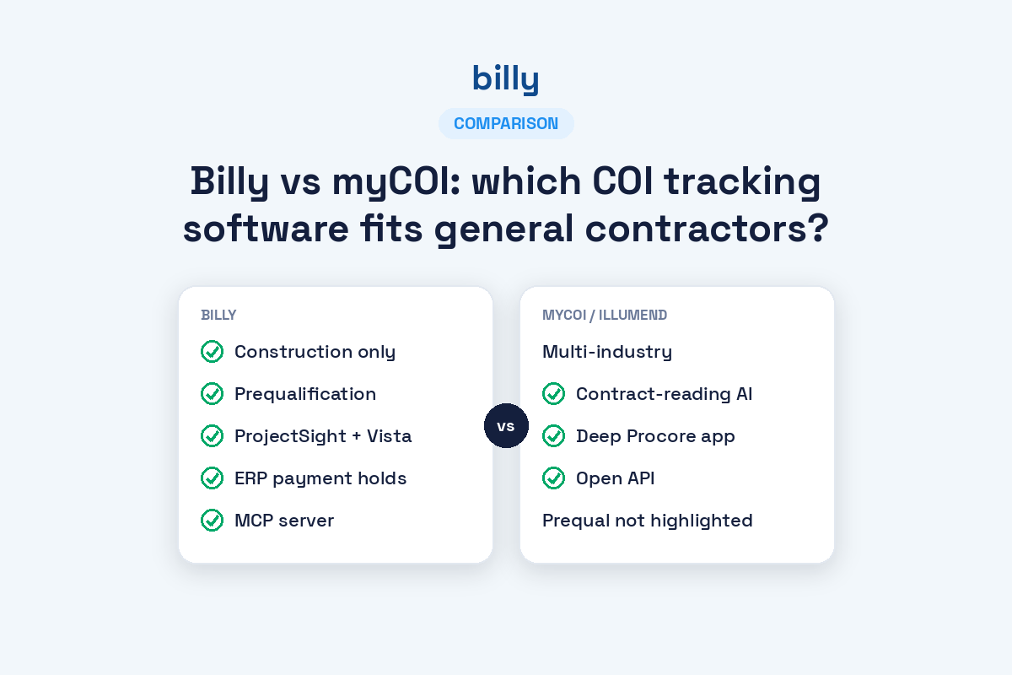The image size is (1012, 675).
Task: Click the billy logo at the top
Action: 505,79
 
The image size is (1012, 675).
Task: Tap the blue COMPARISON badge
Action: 506,123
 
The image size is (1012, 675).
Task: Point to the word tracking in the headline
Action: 742,181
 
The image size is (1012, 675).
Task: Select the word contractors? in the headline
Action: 707,229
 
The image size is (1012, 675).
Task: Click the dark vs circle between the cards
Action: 506,425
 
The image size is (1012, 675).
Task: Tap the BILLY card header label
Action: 218,315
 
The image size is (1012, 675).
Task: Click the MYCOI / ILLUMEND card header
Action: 605,315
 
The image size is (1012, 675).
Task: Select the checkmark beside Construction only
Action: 212,351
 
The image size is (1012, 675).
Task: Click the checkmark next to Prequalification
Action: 212,393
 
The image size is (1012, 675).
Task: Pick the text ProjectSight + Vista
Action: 323,436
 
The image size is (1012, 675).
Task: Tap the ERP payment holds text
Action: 320,478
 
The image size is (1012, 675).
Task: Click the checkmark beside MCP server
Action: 212,520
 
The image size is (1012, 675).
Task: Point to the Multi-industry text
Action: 607,352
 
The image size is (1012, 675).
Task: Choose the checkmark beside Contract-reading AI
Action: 553,393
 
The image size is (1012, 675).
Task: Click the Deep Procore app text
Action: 655,436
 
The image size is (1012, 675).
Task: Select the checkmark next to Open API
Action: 553,478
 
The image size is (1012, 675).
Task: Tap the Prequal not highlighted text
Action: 648,521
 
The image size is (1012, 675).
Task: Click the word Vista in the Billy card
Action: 389,436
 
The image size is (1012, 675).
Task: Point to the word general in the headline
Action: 503,229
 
